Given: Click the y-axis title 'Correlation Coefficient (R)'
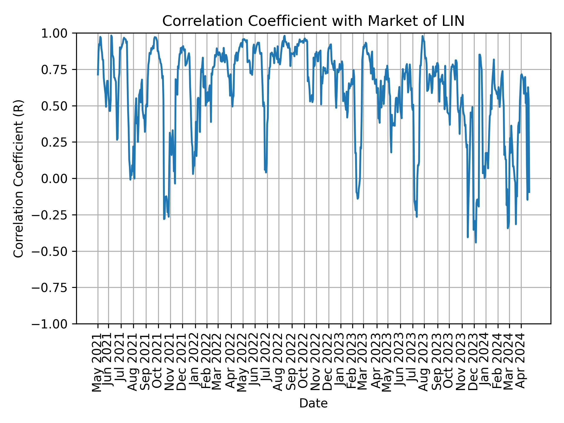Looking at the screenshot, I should point(18,179).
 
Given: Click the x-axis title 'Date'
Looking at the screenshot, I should point(313,404).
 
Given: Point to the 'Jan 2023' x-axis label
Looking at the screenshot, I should point(340,364).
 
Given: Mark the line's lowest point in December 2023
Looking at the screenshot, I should point(476,242).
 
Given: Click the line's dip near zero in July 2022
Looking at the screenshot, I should point(266,172).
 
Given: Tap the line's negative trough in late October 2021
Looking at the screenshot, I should point(164,219).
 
